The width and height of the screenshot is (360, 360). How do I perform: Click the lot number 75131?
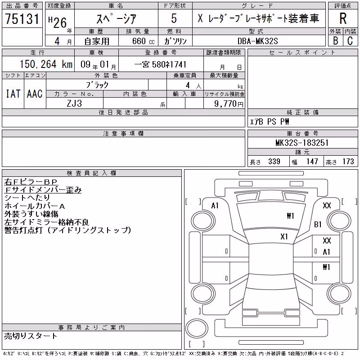point(22,19)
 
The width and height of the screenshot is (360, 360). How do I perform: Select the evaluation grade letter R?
point(343,18)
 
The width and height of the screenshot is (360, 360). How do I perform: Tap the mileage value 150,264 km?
point(46,64)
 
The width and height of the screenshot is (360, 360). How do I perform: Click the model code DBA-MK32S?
point(257,41)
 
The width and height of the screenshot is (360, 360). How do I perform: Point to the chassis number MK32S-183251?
point(302,143)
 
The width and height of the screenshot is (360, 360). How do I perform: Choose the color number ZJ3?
point(74,103)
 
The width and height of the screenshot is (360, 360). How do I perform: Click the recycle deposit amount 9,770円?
point(229,103)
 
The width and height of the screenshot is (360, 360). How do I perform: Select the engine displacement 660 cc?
point(143,41)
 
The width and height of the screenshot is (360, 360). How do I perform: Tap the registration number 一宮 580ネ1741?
point(160,64)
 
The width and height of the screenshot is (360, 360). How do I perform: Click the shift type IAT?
point(13,94)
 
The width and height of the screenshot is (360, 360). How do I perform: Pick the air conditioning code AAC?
point(35,94)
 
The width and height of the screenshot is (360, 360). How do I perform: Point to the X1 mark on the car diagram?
point(284,237)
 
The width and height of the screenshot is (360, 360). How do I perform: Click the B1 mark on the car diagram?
point(318,224)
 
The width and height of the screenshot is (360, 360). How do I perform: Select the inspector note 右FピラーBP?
point(31,182)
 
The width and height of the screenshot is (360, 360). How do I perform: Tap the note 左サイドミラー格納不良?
point(46,222)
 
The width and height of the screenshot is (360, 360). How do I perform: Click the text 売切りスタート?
point(31,336)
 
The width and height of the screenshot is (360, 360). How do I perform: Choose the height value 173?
point(348,162)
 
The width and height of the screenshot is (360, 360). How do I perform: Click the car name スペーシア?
point(117,18)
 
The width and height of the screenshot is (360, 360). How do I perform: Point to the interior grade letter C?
point(350,41)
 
